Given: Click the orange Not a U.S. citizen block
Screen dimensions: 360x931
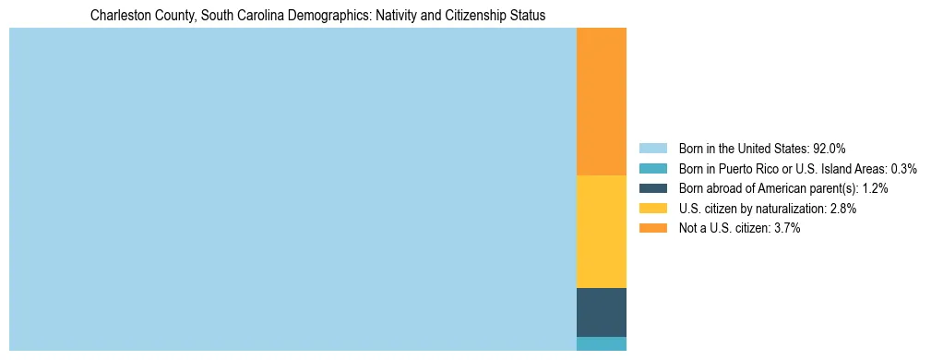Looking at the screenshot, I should [x=601, y=102].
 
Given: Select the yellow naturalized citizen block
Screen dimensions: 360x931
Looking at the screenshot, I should [x=601, y=232].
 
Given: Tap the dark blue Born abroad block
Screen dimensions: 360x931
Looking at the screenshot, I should [x=601, y=312].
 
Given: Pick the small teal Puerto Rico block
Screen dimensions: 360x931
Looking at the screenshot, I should [x=601, y=343].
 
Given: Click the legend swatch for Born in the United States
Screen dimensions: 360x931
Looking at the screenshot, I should [x=652, y=148].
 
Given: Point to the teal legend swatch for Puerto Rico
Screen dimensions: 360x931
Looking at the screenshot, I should [x=652, y=168].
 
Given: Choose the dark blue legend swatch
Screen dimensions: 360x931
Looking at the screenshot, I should [x=652, y=188].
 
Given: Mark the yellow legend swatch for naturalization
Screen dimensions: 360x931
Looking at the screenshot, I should [x=652, y=209].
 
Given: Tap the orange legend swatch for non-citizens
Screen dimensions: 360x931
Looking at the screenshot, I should [x=652, y=228].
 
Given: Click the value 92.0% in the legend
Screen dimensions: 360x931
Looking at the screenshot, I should [x=829, y=148].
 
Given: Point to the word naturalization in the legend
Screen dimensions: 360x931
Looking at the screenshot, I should [x=794, y=209].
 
